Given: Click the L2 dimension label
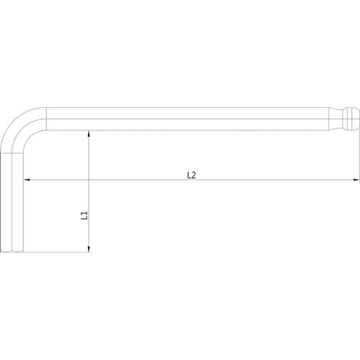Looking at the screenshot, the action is (192, 175).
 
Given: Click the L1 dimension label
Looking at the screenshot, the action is (84, 215).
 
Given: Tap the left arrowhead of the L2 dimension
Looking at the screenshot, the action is (27, 179).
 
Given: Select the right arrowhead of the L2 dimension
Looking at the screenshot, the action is (357, 179).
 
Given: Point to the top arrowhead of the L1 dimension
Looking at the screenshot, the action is (89, 134).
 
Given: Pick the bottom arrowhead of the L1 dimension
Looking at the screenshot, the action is (89, 249).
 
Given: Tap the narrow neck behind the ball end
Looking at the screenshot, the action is (339, 119).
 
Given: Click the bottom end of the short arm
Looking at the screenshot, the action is (12, 251).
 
